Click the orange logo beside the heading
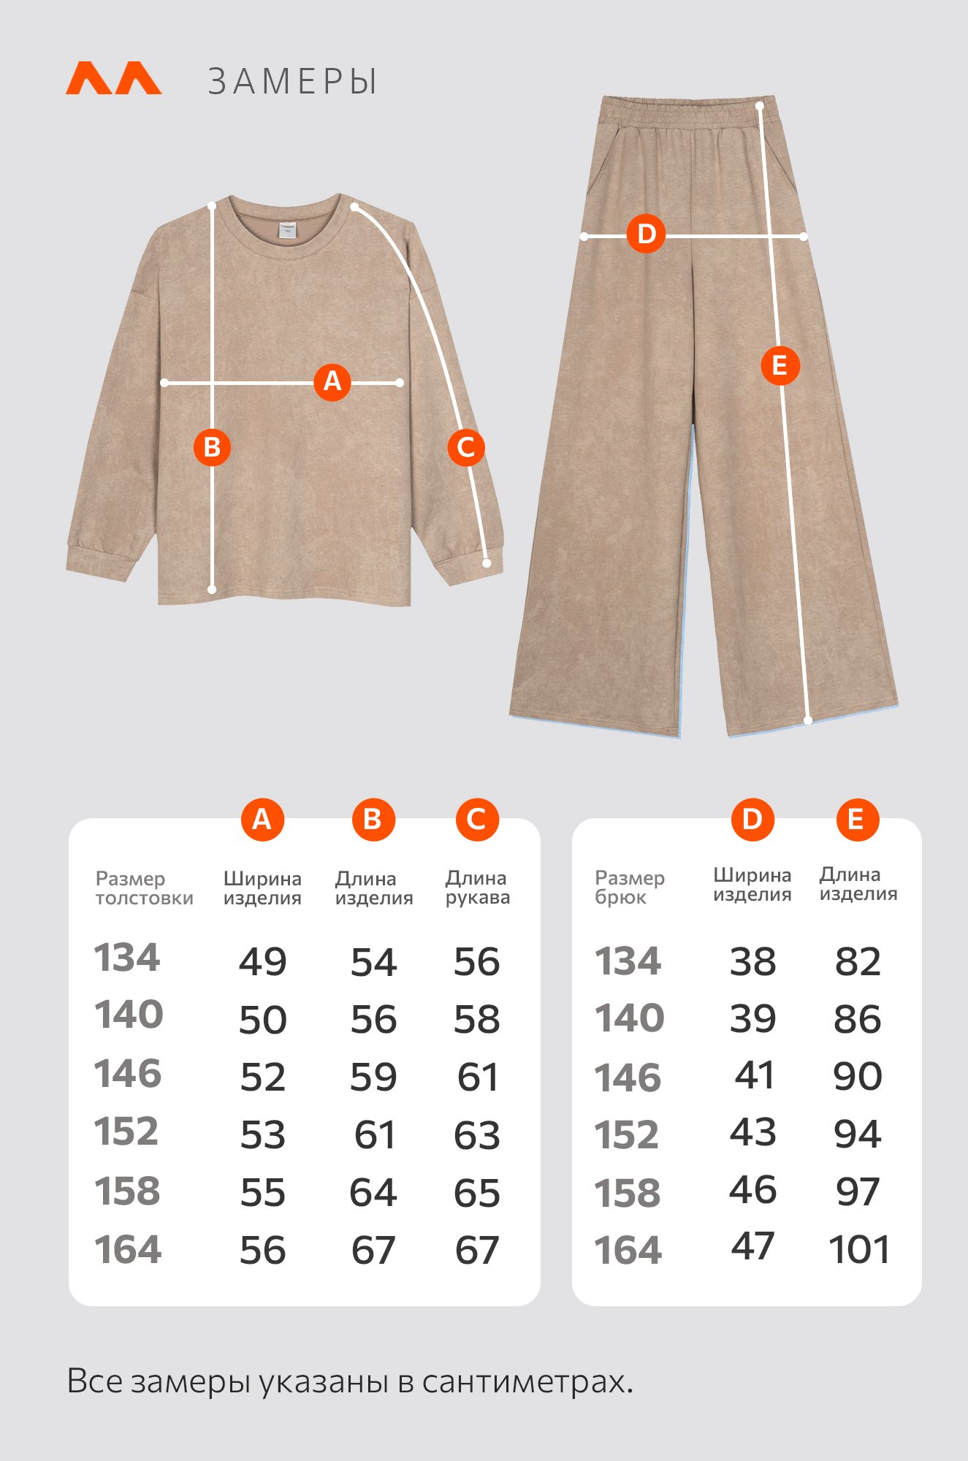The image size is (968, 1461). click(x=113, y=78)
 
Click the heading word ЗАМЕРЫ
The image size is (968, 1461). click(x=292, y=81)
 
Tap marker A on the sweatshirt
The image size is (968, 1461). click(x=332, y=381)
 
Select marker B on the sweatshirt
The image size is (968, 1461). click(x=212, y=447)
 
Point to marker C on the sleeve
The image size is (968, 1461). click(x=466, y=447)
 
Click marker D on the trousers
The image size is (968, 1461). click(x=647, y=234)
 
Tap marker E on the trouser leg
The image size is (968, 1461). click(x=780, y=365)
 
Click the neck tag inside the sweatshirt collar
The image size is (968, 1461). click(x=287, y=229)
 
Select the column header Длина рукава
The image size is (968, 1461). click(x=478, y=888)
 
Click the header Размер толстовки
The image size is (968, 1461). click(x=145, y=888)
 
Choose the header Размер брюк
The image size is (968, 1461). click(x=630, y=888)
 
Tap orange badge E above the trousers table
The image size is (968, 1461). click(x=857, y=820)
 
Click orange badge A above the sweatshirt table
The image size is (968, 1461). click(x=262, y=820)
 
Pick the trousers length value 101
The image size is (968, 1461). click(x=860, y=1250)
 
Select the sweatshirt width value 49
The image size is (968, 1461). click(x=263, y=961)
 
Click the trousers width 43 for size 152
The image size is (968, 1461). click(x=753, y=1132)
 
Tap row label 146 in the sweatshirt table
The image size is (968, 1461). click(x=128, y=1074)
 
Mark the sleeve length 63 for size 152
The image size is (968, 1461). click(x=477, y=1135)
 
